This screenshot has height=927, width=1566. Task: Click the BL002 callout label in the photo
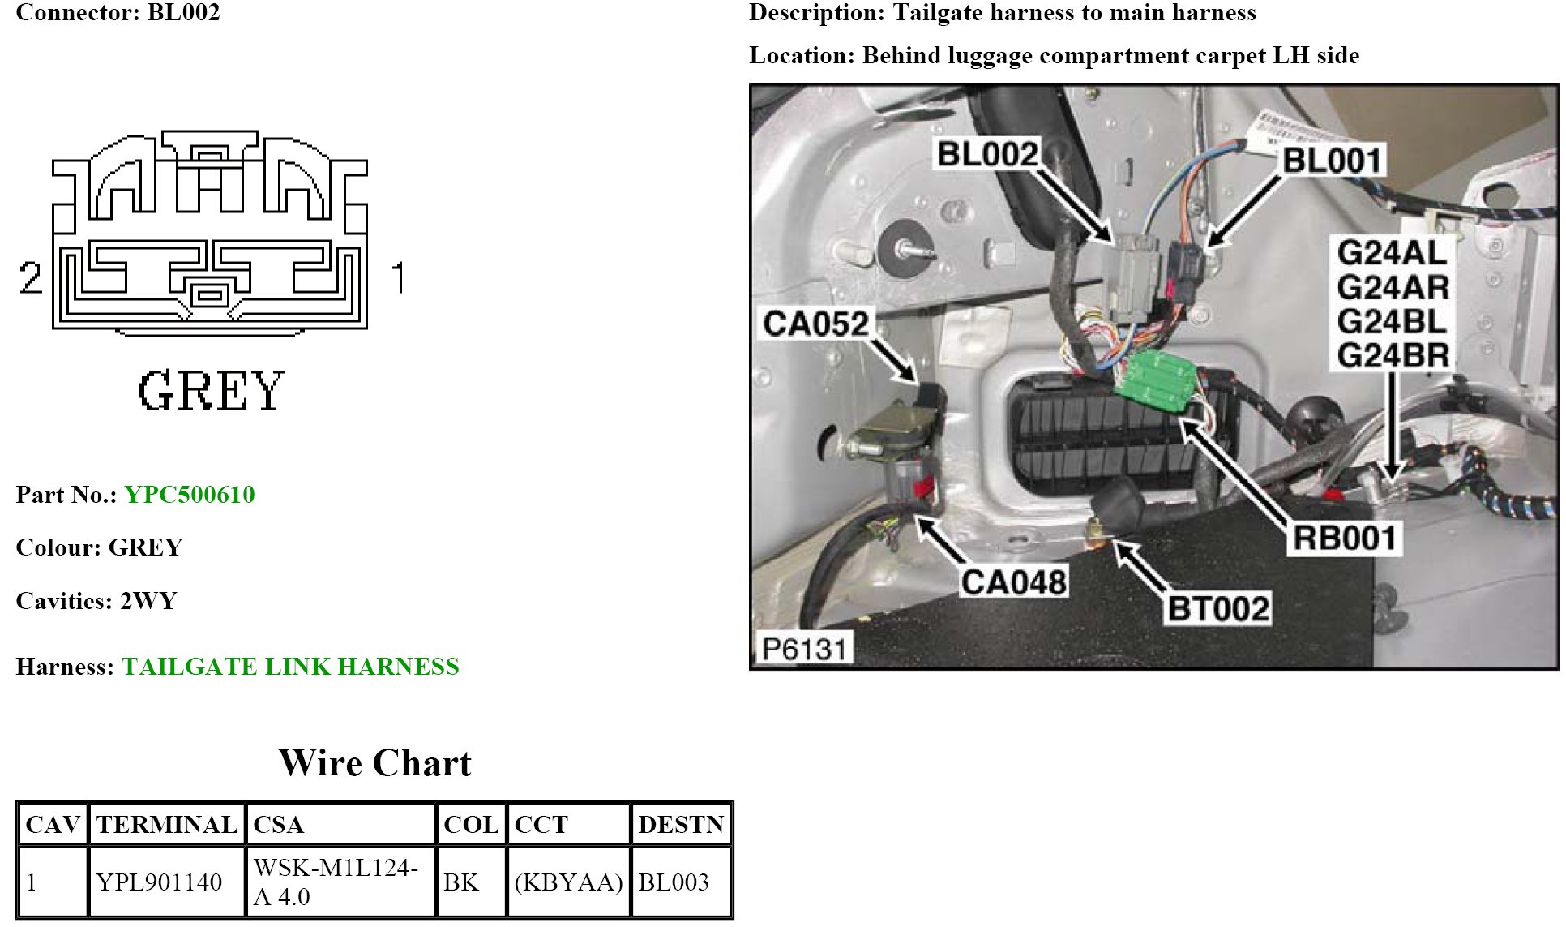[x=986, y=154]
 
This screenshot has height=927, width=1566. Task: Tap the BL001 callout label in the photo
[x=1331, y=161]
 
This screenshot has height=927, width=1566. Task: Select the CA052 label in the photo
[x=815, y=324]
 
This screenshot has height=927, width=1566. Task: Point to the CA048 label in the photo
[x=1013, y=582]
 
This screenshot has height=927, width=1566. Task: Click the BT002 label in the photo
[x=1218, y=608]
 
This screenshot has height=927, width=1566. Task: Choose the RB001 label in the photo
[x=1344, y=538]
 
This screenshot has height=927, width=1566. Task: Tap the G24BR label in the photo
[x=1393, y=355]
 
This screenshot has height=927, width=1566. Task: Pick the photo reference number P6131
[x=804, y=649]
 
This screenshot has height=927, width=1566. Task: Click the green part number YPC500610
[x=190, y=495]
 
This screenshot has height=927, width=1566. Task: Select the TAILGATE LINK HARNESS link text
[x=290, y=667]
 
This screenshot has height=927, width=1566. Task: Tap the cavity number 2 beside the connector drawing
[x=31, y=277]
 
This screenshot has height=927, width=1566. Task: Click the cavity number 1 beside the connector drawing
[x=397, y=277]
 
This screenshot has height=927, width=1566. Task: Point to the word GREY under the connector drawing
[x=211, y=391]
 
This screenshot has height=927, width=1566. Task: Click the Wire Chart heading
[x=374, y=763]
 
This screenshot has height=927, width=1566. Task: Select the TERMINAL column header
[x=166, y=825]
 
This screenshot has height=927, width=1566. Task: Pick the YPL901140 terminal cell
[x=159, y=882]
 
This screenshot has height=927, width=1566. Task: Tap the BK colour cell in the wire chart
[x=461, y=882]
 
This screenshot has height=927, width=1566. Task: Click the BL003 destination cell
[x=674, y=882]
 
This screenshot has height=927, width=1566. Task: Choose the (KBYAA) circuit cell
[x=568, y=882]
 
